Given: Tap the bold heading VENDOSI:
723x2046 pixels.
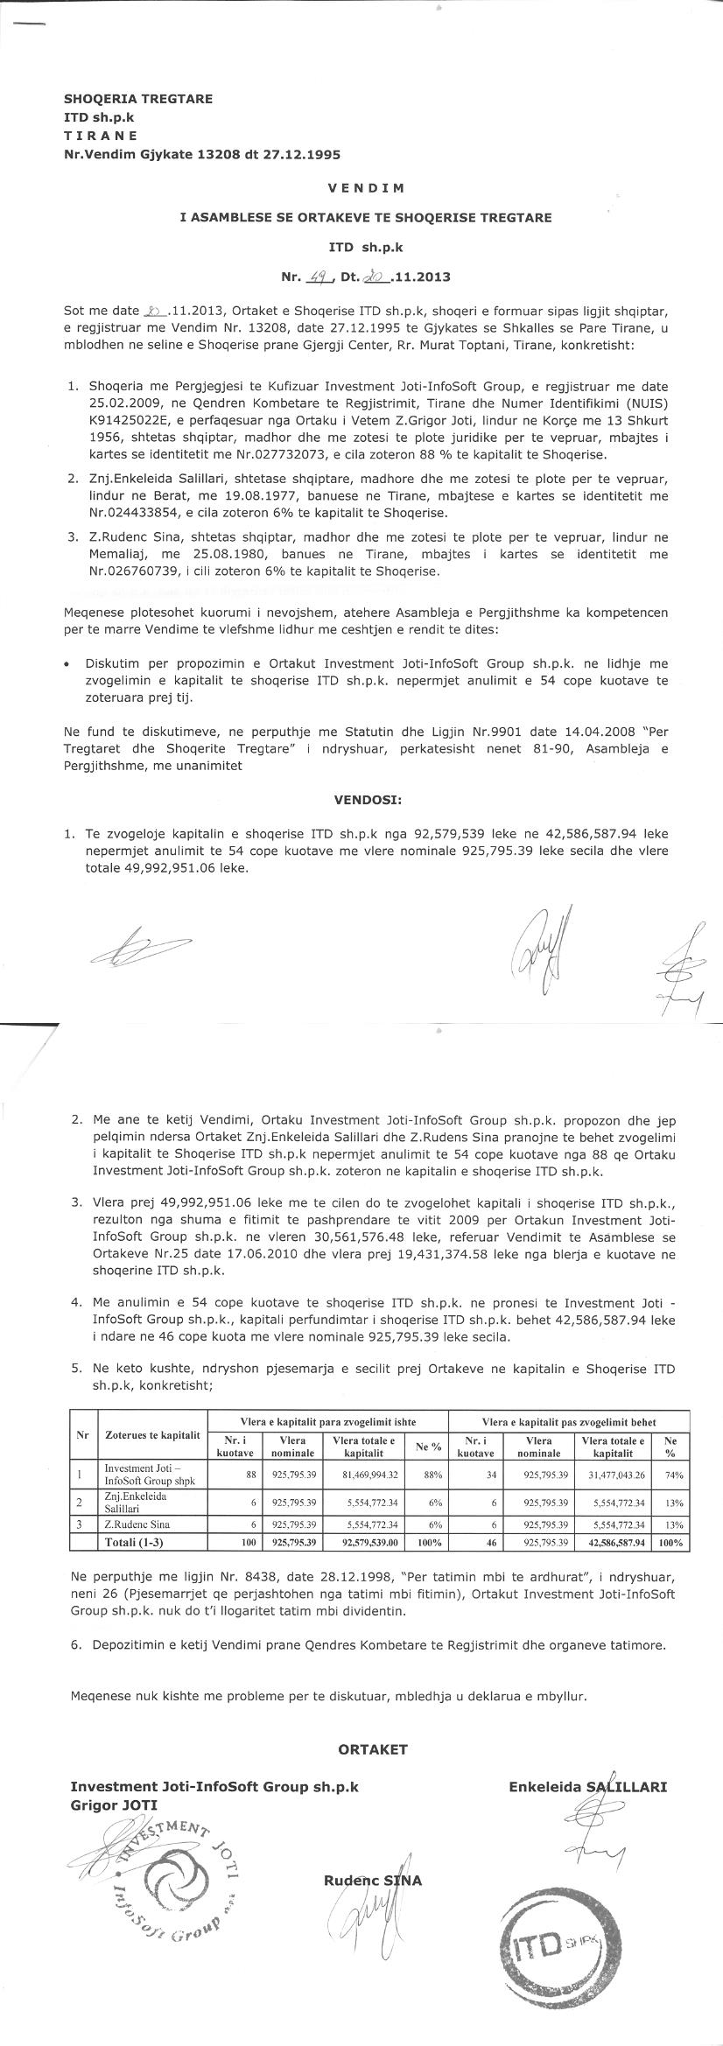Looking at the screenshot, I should tap(368, 799).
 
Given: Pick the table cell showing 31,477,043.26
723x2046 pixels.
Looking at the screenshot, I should tap(614, 1474).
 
